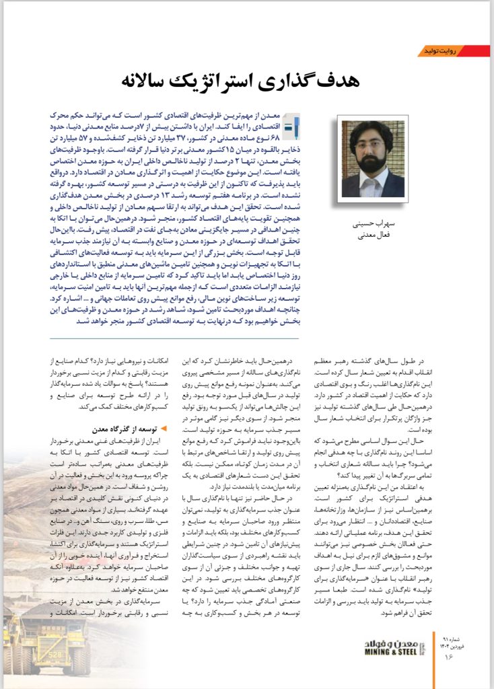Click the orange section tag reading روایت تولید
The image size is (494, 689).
[x=440, y=51]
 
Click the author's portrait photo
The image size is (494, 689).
[x=372, y=158]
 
